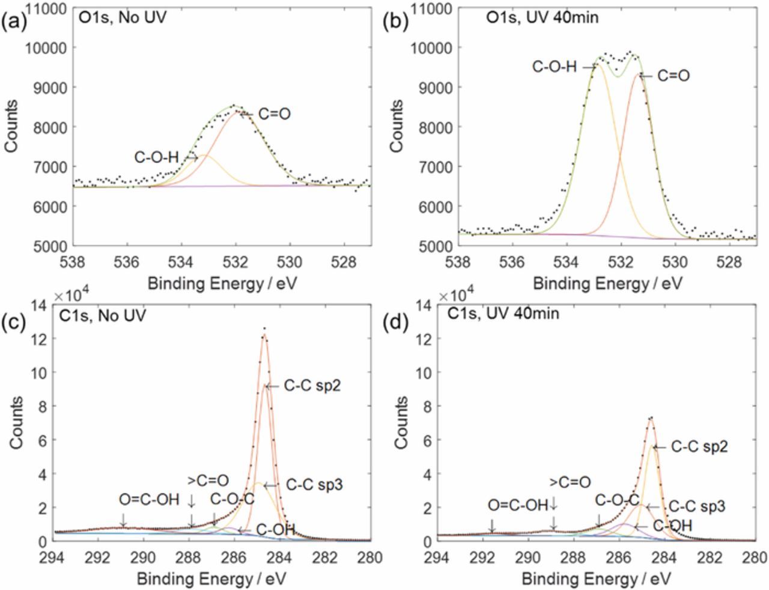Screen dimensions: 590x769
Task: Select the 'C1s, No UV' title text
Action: click(x=103, y=315)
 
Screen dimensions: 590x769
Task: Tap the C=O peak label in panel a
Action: click(x=275, y=114)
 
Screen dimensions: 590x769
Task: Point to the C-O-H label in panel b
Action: click(x=555, y=67)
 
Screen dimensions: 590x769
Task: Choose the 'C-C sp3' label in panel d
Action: click(x=697, y=506)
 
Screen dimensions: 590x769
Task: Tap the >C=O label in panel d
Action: click(x=570, y=481)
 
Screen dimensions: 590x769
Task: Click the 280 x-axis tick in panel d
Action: click(x=755, y=557)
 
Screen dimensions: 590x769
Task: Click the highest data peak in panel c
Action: click(x=264, y=329)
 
